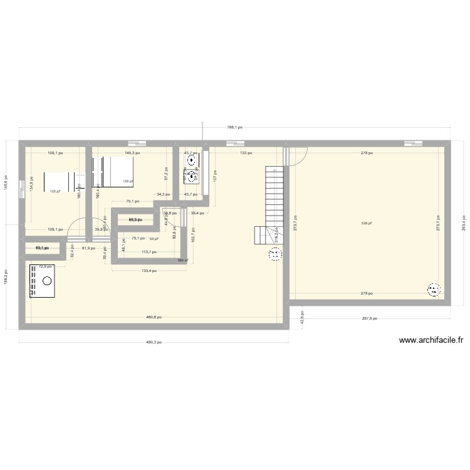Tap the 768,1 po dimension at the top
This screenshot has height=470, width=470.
coord(234,127)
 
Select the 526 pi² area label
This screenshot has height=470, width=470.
coord(367,223)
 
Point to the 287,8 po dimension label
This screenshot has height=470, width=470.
coord(370,318)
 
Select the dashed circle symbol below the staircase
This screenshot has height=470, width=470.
coord(275,254)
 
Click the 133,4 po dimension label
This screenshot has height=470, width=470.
coord(149,271)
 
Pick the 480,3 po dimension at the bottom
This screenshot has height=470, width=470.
coord(154,342)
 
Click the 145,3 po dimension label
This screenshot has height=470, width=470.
coord(132,152)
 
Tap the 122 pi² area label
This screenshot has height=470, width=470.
coord(55,191)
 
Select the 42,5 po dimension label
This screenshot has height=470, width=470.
coord(301,318)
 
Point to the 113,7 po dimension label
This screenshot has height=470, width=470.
coord(149,252)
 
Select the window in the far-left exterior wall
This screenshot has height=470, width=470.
coord(22,186)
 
